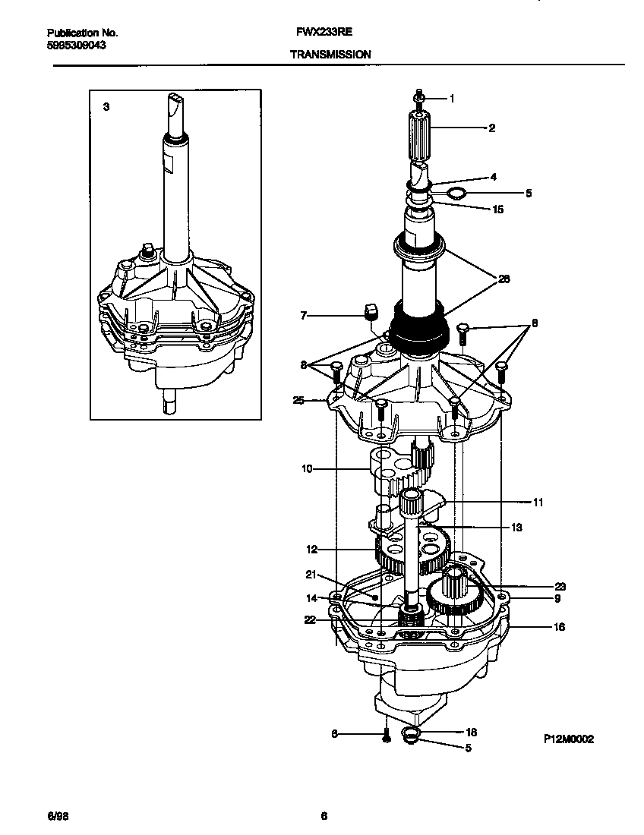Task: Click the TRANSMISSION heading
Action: (330, 55)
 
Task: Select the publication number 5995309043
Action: (76, 45)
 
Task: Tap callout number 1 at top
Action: (452, 98)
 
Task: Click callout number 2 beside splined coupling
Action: (491, 128)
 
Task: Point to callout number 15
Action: (498, 209)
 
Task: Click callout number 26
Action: (504, 279)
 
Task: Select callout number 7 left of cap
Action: (304, 314)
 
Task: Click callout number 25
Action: (298, 400)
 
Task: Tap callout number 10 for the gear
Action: (307, 469)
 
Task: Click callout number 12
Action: (311, 549)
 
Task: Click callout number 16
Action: (559, 627)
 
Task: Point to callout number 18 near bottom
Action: (471, 733)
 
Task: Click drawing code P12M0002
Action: (568, 738)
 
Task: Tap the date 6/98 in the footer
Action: (58, 817)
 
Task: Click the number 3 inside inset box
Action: (106, 107)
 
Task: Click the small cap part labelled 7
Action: (372, 311)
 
